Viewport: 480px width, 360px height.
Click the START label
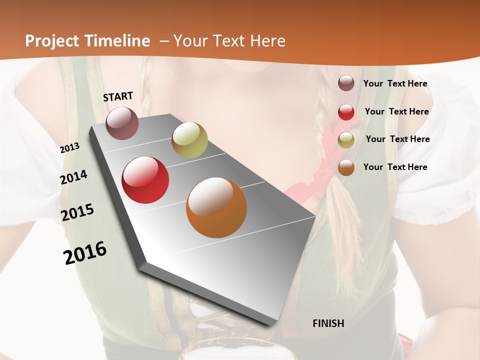tap(118, 96)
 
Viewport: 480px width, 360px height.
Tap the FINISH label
tap(328, 323)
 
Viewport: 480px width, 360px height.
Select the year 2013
tap(69, 148)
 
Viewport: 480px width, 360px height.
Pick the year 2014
tap(73, 177)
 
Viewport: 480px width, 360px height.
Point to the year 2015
tap(77, 212)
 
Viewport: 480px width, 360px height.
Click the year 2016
tap(85, 253)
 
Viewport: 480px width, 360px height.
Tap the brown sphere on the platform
tap(122, 123)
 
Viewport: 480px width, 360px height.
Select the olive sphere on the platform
tap(189, 140)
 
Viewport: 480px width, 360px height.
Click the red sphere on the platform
tap(145, 180)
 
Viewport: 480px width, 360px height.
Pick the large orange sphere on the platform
tap(216, 207)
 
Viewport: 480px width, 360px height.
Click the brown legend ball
tap(346, 83)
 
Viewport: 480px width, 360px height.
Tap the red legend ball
tap(346, 112)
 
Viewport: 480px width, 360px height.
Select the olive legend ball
tap(346, 140)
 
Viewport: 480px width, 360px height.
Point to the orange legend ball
tap(346, 168)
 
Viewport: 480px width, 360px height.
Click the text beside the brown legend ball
tap(395, 83)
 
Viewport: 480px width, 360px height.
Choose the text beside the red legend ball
tap(396, 111)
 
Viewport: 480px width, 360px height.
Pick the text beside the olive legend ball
tap(397, 139)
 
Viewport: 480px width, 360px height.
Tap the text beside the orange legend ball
tap(395, 167)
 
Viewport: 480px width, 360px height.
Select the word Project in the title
tap(52, 41)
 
